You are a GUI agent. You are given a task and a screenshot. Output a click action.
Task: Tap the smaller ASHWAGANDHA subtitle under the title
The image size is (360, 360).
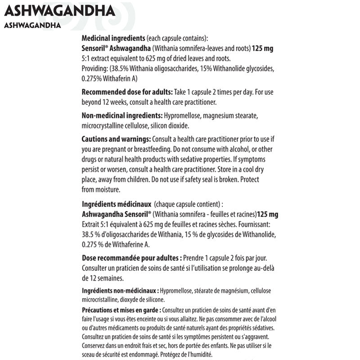tap(32, 25)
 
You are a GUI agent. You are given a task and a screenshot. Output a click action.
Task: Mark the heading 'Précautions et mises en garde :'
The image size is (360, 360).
tap(121, 310)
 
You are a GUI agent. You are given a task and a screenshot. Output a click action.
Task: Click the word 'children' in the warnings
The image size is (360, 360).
tap(144, 179)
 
